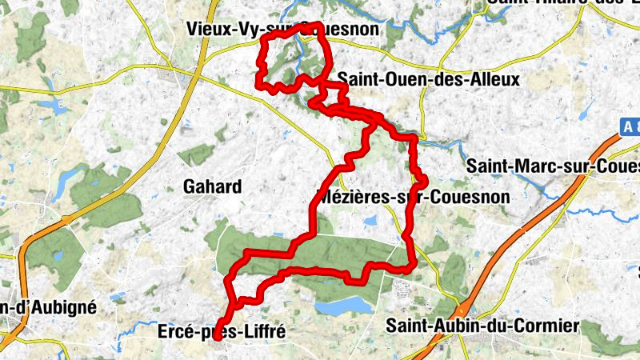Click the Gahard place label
(x=212, y=187)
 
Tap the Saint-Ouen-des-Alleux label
(x=429, y=79)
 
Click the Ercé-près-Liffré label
(x=222, y=330)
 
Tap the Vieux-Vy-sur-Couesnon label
(x=282, y=30)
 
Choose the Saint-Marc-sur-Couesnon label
(x=553, y=166)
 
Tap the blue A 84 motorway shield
(x=629, y=126)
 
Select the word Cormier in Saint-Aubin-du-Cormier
(x=546, y=326)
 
